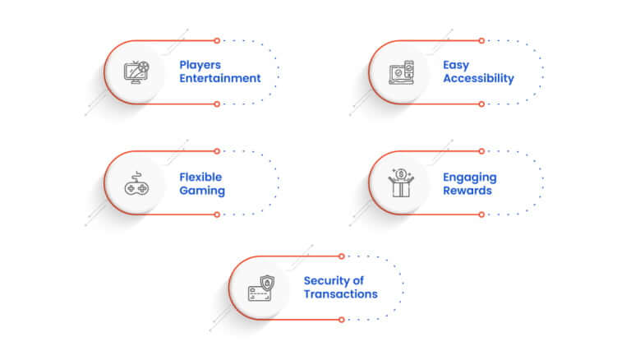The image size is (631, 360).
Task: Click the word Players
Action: (200, 65)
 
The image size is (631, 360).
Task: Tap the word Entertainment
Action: (219, 78)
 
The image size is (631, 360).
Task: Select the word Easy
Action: (456, 65)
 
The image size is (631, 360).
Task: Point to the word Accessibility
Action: (478, 79)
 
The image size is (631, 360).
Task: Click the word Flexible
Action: (200, 178)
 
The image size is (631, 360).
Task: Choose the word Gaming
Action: (202, 191)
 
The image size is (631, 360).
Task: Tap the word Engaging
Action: (470, 178)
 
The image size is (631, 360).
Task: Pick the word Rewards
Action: (467, 191)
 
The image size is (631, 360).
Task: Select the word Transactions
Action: (340, 294)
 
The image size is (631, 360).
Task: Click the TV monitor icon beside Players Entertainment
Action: (136, 72)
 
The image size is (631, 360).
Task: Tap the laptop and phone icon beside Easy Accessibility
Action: (401, 72)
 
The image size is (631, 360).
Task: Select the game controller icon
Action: (136, 183)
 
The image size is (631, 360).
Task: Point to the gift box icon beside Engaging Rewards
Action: (401, 182)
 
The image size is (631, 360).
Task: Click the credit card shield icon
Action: (261, 288)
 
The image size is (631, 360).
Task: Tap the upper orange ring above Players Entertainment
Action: (217, 40)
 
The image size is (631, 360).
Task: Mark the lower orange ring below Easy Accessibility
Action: (481, 104)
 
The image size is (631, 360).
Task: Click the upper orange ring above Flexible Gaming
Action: (217, 151)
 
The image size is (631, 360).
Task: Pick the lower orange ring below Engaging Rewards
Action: (481, 215)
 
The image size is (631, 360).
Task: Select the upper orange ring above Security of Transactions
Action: (341, 256)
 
